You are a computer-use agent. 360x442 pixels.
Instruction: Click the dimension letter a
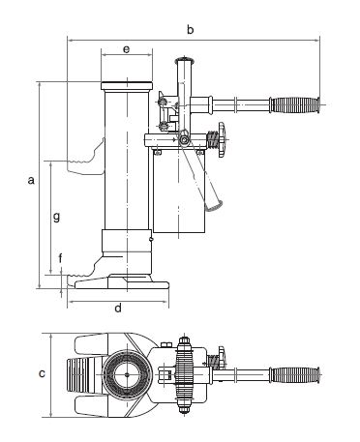point(31,180)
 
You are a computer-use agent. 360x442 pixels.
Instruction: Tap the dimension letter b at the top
point(191,29)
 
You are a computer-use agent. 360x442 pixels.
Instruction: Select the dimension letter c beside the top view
point(42,373)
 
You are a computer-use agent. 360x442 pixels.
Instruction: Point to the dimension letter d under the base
point(118,308)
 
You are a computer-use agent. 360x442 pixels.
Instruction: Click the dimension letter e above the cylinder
point(127,49)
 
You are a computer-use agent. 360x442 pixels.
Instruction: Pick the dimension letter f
point(60,258)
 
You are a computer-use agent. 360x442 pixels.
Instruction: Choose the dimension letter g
point(56,217)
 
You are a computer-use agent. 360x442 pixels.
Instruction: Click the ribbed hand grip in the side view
point(295,104)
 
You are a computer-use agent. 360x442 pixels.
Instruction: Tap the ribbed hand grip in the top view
point(295,375)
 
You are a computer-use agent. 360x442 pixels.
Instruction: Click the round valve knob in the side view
point(223,139)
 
